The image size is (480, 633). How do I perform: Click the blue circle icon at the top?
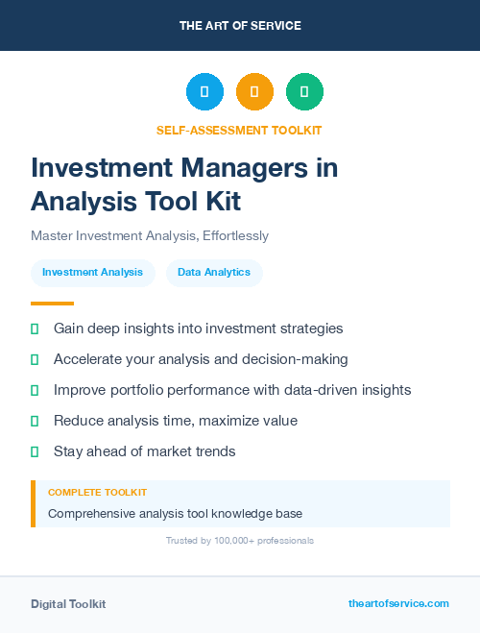point(204,92)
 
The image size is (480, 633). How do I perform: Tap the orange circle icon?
point(254,92)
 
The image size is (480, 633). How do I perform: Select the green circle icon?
point(304,92)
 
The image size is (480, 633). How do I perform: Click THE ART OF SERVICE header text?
point(240,26)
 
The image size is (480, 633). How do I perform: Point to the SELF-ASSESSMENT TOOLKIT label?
point(239,130)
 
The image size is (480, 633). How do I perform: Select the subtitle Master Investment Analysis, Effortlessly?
point(150,235)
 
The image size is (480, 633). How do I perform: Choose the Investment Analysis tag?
point(92,273)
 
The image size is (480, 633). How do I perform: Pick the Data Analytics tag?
point(214,273)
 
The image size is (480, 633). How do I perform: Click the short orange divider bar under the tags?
point(46,304)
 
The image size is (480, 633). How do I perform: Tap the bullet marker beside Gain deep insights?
point(35,329)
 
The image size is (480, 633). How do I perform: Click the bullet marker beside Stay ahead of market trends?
point(35,451)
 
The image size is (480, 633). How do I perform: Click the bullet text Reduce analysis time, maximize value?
point(176,421)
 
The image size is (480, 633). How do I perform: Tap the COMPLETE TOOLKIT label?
point(97,493)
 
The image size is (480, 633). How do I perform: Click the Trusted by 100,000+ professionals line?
point(240,541)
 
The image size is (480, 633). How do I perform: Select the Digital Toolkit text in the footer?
point(68,604)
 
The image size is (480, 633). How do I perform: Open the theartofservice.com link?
point(398,603)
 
